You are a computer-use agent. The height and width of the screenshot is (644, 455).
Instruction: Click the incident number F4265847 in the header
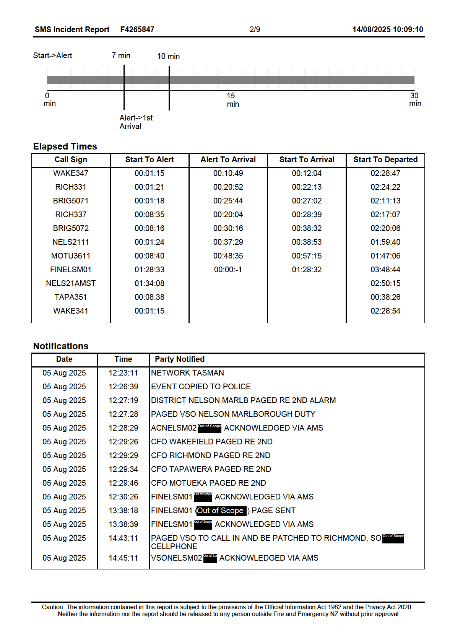tap(137, 29)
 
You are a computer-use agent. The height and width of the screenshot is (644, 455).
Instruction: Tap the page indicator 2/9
tap(255, 29)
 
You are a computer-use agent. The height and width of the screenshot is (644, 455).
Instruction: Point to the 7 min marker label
tap(121, 55)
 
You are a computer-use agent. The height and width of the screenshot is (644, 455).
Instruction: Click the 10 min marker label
tap(168, 56)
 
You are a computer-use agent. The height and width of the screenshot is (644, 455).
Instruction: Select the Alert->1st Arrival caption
tap(136, 122)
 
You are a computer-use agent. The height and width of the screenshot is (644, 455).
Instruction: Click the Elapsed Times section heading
tap(65, 146)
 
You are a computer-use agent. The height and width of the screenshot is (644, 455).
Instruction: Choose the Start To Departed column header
tap(385, 159)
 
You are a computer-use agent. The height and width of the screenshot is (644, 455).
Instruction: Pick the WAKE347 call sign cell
tap(71, 173)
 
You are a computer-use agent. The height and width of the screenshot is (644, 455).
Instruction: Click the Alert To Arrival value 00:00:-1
tap(228, 270)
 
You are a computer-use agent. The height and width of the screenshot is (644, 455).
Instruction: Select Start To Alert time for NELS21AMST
tap(149, 283)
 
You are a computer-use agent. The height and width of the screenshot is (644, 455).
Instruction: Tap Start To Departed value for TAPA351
tap(385, 297)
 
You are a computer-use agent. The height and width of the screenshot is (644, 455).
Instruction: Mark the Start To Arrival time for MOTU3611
tap(307, 256)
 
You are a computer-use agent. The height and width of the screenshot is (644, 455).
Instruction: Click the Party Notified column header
tap(179, 359)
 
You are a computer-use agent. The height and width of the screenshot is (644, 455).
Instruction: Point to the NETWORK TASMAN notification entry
tap(187, 373)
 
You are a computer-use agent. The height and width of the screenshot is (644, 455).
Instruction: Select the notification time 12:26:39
tap(123, 387)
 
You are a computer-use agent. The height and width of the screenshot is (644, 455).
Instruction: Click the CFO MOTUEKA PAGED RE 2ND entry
tap(208, 483)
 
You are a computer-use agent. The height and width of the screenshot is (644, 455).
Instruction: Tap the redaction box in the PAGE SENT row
tap(221, 511)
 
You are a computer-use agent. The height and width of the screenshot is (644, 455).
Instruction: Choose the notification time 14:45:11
tap(123, 558)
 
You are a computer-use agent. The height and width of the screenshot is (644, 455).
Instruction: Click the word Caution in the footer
tap(53, 607)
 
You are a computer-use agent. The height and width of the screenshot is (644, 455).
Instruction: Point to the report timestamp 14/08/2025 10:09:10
tap(387, 29)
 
